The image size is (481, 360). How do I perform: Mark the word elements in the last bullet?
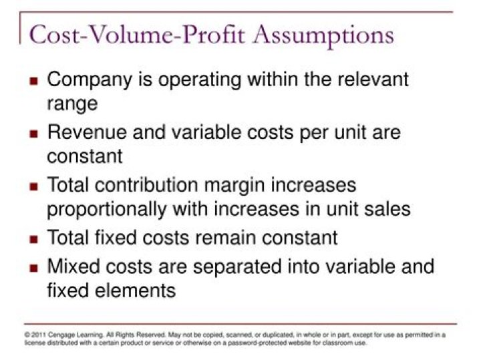138,291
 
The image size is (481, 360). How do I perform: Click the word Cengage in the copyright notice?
59,334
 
